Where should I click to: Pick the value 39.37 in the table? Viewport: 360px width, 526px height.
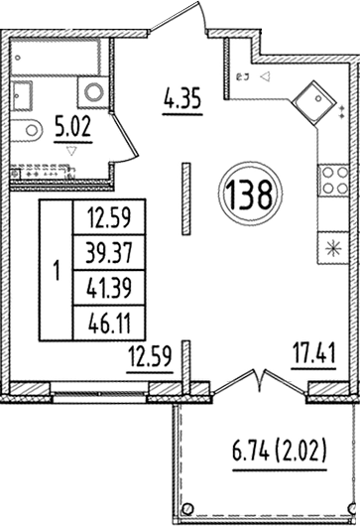(110, 251)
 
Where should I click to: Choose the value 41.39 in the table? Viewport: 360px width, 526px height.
(110, 287)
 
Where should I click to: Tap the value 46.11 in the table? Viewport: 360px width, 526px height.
(110, 322)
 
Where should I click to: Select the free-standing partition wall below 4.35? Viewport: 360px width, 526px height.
(185, 186)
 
